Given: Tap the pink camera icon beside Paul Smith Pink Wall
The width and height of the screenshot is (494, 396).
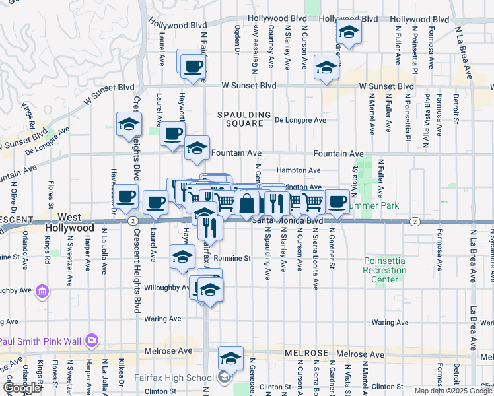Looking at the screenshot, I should [x=91, y=341].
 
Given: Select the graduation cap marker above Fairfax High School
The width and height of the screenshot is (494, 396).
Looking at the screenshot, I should [x=230, y=358].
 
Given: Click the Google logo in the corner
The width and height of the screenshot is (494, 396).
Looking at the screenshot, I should [x=22, y=388].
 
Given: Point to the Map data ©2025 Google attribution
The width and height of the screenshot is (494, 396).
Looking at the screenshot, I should [x=452, y=391].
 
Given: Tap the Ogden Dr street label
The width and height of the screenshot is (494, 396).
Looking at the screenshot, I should [x=236, y=40].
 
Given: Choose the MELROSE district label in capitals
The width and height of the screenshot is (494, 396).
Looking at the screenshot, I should [x=306, y=354].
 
